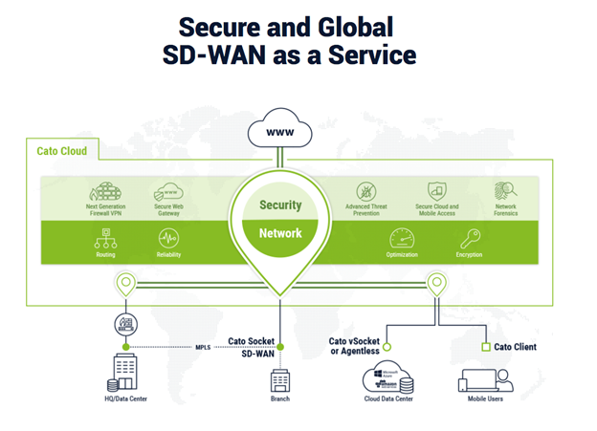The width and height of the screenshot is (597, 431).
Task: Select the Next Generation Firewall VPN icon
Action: pyautogui.click(x=106, y=192)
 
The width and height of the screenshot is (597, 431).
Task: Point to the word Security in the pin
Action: pyautogui.click(x=280, y=205)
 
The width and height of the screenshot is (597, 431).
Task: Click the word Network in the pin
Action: pyautogui.click(x=280, y=233)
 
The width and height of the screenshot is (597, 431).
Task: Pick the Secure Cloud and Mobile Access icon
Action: pyautogui.click(x=437, y=192)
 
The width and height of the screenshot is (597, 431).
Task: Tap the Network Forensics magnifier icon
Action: pyautogui.click(x=506, y=191)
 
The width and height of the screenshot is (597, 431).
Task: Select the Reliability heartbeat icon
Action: pyautogui.click(x=168, y=238)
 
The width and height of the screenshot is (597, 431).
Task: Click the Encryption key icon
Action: pyautogui.click(x=469, y=238)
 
